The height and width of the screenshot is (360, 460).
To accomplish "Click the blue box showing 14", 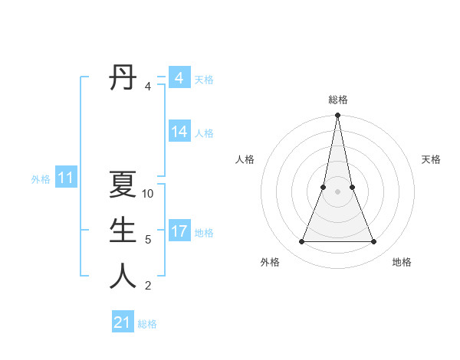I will click(x=179, y=132).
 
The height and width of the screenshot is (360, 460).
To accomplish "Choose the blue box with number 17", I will click(x=179, y=231).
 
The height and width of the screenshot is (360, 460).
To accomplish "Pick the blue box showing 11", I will click(x=66, y=178).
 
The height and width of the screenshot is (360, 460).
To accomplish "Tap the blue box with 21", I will click(x=123, y=322).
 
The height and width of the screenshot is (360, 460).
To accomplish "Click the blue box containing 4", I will click(x=179, y=78).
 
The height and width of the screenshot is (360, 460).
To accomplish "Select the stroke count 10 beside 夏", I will click(x=148, y=194).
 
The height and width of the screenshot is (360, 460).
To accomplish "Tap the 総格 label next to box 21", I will click(x=147, y=324).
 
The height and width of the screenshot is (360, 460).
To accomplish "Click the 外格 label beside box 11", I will click(x=41, y=179).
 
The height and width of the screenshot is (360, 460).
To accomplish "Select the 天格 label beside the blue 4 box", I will click(x=204, y=80).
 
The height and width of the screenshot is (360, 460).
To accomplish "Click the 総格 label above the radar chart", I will click(x=337, y=100).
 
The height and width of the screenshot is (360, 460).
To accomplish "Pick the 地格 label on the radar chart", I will click(x=402, y=262).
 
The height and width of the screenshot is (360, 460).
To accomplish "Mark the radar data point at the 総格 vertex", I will click(x=337, y=116).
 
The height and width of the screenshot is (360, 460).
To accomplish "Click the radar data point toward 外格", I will click(x=301, y=242).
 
